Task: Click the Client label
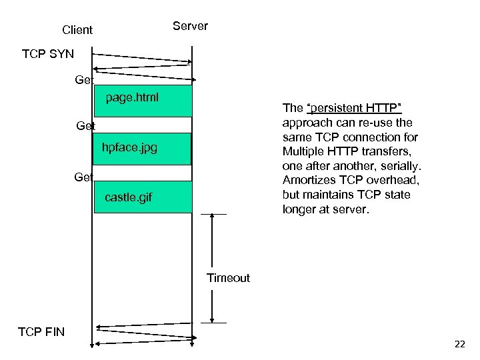coord(77,30)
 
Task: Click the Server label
coord(190,26)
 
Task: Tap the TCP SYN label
coord(48,53)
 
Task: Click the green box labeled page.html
coord(143,101)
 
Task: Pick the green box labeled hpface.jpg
coord(143,149)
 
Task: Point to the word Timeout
coord(228,278)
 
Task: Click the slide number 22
coord(459,344)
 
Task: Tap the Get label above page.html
coord(84,80)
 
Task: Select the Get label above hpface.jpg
coord(85,126)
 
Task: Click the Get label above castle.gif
coord(84,177)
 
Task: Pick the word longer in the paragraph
coord(301,209)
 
